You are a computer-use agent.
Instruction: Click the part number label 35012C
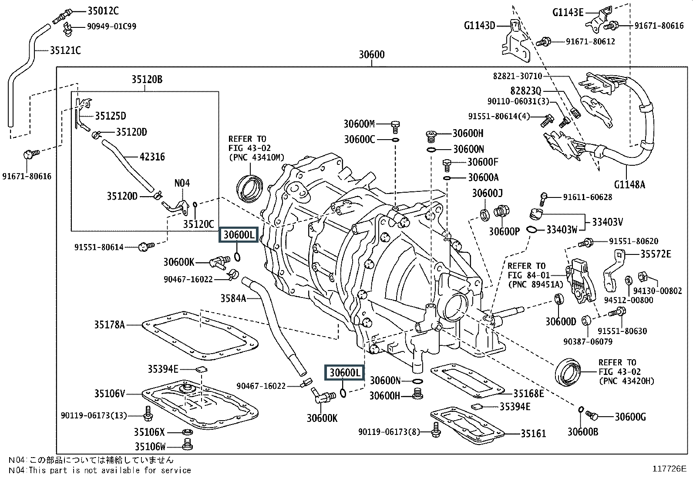coord(103,11)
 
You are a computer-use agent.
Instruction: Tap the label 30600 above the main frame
coord(372,55)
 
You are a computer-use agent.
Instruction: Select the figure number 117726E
coord(669,469)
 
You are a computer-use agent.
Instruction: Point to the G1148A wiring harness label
coord(629,184)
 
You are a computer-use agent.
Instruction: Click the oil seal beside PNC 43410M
coord(250,189)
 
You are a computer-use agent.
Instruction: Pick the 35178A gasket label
coord(110,324)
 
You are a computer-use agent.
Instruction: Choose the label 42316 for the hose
coord(152,157)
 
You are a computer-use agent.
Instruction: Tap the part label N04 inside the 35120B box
coord(182,183)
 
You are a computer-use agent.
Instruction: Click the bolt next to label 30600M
coord(395,127)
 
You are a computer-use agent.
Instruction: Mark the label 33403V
coord(607,222)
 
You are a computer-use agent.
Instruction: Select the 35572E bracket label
coord(656,254)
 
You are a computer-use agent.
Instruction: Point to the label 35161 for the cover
coord(533,434)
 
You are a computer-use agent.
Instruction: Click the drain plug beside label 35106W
coord(187,444)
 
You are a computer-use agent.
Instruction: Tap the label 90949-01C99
coord(112,26)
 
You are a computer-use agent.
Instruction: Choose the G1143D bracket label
coord(480,25)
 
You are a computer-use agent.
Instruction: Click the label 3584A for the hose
coord(233,298)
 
